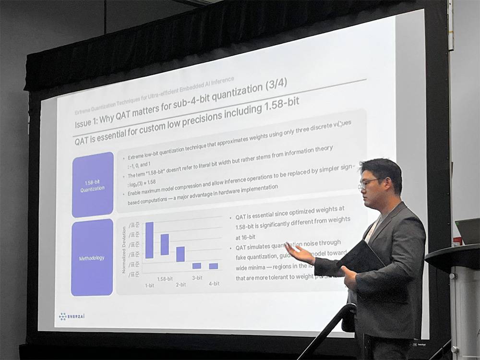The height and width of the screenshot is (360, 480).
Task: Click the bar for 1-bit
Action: (x=149, y=240)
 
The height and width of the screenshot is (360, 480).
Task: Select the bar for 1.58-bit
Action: (x=165, y=244)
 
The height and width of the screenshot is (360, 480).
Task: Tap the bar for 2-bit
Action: (x=180, y=254)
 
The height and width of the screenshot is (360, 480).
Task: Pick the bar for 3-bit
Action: (x=197, y=265)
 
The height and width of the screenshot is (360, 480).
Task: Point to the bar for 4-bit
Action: (x=214, y=266)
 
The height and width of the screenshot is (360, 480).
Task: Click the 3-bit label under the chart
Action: (x=197, y=277)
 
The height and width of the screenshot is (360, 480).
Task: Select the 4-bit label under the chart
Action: (x=214, y=283)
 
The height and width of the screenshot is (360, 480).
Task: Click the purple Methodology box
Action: (x=92, y=258)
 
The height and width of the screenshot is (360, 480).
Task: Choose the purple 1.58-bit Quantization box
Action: (x=93, y=185)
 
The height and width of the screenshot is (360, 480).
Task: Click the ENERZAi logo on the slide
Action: (x=72, y=316)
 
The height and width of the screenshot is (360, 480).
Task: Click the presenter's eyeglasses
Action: (x=368, y=183)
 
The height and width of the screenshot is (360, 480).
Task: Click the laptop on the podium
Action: (x=467, y=231)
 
